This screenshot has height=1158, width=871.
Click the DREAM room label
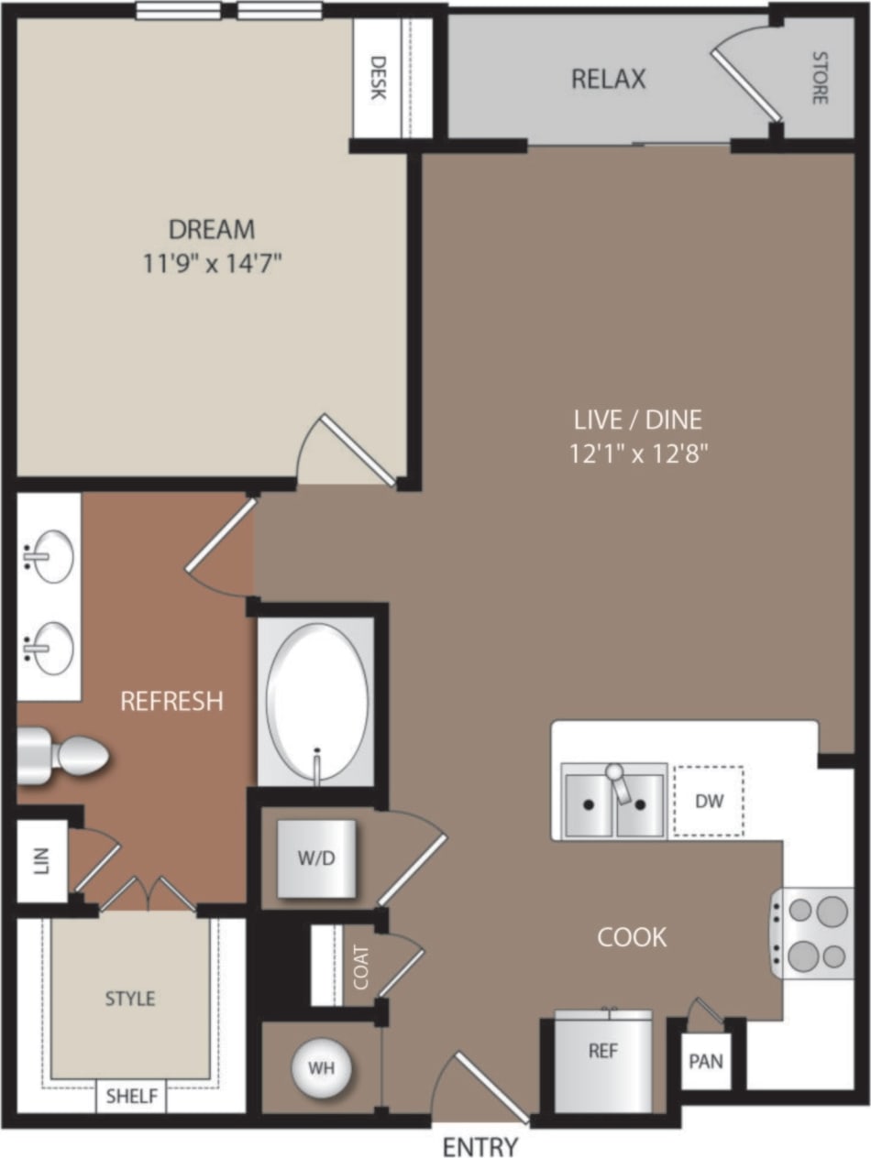[211, 228]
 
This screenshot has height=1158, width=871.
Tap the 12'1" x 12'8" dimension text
[640, 453]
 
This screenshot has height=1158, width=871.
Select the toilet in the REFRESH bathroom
[64, 756]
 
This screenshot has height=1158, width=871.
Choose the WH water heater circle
[321, 1067]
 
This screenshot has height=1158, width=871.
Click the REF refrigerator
[602, 1060]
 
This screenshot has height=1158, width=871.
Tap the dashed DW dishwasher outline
[709, 802]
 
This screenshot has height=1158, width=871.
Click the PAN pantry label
[706, 1062]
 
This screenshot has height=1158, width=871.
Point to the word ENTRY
[480, 1146]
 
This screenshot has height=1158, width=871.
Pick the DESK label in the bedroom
[377, 79]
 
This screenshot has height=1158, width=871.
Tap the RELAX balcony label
[608, 80]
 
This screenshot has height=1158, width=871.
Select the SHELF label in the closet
[131, 1096]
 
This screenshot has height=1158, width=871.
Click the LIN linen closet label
[39, 859]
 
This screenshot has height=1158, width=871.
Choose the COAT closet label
[361, 967]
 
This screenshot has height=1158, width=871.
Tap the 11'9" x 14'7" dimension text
[212, 265]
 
